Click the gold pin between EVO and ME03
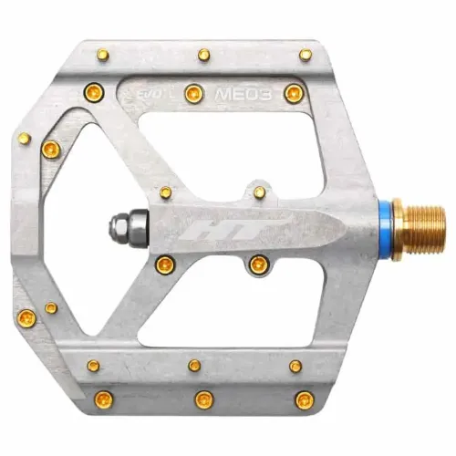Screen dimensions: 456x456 tap(193, 92)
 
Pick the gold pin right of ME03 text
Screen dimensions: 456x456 tap(292, 92)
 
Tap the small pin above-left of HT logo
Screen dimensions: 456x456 tap(165, 192)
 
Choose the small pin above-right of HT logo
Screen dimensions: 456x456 tap(260, 192)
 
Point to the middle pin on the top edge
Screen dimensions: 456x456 tap(202, 55)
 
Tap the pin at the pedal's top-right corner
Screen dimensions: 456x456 tap(306, 55)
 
